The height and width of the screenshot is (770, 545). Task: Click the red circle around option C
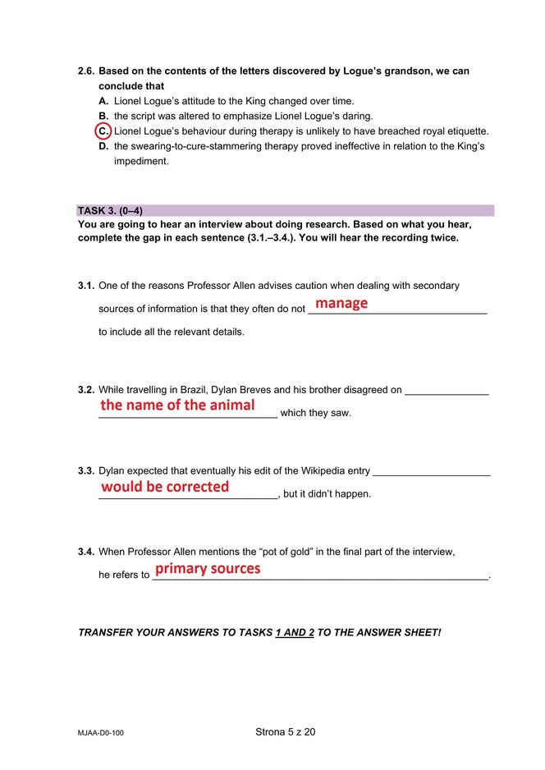(103, 131)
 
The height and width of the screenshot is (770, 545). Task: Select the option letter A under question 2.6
(103, 101)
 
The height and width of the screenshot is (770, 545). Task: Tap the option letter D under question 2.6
(103, 146)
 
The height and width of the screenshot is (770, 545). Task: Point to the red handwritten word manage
(341, 304)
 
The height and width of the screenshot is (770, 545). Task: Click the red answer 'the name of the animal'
(177, 406)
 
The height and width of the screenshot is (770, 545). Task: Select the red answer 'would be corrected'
(165, 487)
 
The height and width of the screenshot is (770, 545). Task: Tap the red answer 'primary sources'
(208, 569)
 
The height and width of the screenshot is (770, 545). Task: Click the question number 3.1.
(86, 286)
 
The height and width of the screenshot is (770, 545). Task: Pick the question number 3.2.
(86, 390)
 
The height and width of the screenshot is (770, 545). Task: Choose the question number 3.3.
(86, 471)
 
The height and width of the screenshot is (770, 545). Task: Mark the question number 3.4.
(86, 552)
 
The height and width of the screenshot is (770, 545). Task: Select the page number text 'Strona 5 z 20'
(285, 731)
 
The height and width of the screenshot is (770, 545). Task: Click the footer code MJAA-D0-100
(101, 732)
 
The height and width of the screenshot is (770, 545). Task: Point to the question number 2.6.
(86, 71)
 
